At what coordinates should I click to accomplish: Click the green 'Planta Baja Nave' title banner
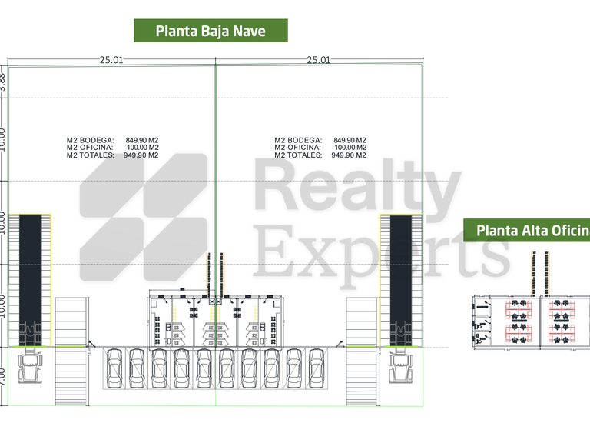click(210, 31)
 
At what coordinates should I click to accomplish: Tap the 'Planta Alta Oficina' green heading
click(530, 230)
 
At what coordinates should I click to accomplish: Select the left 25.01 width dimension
click(111, 59)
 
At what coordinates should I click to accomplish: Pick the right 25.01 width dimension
click(319, 59)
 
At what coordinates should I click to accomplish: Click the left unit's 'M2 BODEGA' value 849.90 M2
click(142, 140)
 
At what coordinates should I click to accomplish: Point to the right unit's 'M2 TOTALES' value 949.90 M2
click(349, 155)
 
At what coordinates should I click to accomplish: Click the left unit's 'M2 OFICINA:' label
click(90, 147)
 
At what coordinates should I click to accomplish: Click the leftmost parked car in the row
click(114, 370)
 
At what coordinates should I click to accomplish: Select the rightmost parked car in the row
click(318, 370)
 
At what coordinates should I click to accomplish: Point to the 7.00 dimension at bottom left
click(3, 376)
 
